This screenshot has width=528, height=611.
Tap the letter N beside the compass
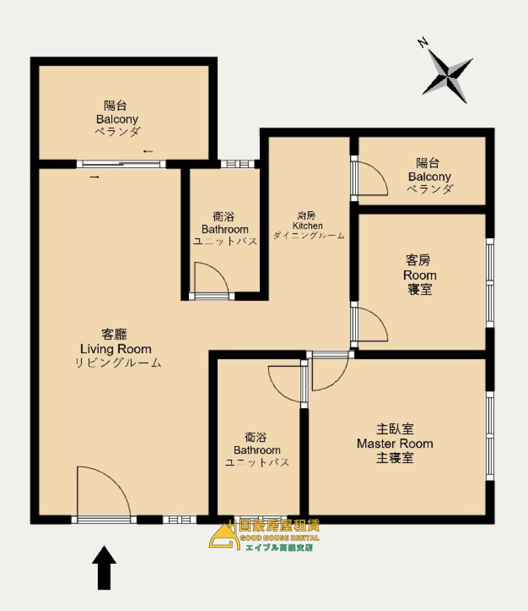423,42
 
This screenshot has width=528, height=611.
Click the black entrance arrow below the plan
104,567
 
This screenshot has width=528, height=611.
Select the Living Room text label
116,348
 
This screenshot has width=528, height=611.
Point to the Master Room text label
395,443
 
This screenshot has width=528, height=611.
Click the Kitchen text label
308,226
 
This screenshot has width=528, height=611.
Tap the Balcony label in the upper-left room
117,119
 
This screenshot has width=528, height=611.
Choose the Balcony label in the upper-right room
429,177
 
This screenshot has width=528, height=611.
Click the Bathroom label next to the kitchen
225,229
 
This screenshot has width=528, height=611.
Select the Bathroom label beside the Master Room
257,450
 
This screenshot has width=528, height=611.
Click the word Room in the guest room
420,275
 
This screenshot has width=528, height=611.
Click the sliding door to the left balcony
121,164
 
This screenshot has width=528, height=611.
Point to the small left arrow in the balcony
148,151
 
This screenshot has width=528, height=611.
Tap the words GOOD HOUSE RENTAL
279,538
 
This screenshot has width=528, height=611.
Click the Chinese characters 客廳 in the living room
114,334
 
